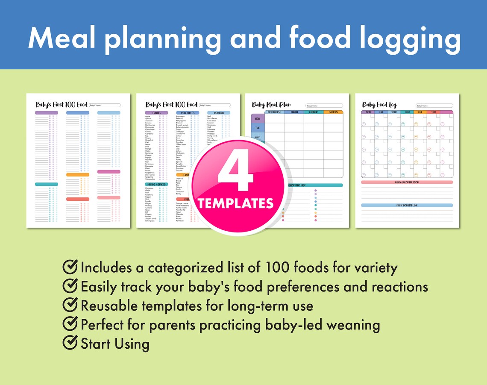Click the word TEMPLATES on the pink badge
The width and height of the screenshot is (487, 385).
pyautogui.click(x=236, y=203)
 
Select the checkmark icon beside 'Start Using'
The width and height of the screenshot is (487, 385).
pyautogui.click(x=70, y=342)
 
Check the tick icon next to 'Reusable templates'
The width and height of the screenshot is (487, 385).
pyautogui.click(x=70, y=305)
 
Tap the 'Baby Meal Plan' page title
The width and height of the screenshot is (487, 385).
pyautogui.click(x=271, y=105)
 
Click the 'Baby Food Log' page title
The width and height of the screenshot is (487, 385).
pyautogui.click(x=379, y=105)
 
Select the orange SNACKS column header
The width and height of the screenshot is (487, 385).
pyautogui.click(x=333, y=112)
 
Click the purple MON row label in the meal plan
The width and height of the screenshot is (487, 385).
pyautogui.click(x=258, y=118)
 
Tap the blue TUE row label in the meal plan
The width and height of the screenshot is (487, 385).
pyautogui.click(x=258, y=128)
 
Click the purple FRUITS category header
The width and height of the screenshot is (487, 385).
pyautogui.click(x=156, y=113)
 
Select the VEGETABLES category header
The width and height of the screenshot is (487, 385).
pyautogui.click(x=187, y=113)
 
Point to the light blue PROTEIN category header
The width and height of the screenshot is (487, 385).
pyautogui.click(x=219, y=113)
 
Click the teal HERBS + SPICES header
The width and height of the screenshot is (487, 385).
pyautogui.click(x=156, y=184)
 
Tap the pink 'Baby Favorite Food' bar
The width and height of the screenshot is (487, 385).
pyautogui.click(x=407, y=182)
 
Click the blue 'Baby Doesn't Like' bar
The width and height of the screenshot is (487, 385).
pyautogui.click(x=407, y=206)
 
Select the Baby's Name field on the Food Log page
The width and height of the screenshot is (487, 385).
pyautogui.click(x=434, y=106)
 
